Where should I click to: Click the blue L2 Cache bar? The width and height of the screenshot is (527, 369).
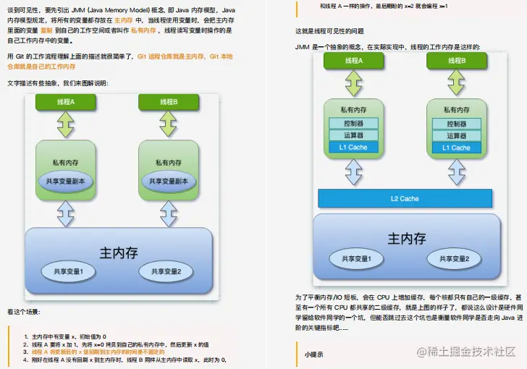point(405,198)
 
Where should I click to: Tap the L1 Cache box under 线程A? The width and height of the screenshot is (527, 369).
point(353,148)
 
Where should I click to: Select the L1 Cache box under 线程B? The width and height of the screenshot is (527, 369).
point(455,148)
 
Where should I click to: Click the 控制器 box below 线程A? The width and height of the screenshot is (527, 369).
point(353,124)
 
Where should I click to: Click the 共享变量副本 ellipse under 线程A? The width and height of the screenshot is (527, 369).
point(66,181)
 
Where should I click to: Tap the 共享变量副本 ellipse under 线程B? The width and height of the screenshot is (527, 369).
point(168,181)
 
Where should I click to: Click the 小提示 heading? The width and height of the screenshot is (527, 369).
point(313,355)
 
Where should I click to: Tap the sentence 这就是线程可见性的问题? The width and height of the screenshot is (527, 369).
point(329,32)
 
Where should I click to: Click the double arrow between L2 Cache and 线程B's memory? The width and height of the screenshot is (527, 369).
point(455,172)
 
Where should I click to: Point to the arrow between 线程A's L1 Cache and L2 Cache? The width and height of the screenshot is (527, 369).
point(353,172)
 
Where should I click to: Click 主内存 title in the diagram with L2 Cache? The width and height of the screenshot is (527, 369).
point(404,238)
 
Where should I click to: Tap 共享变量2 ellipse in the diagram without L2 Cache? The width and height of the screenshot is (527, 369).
point(161,272)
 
